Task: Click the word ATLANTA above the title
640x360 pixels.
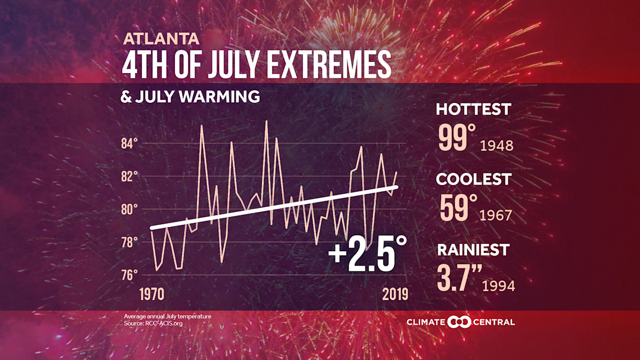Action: point(161,39)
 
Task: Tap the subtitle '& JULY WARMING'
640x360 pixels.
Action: point(191,97)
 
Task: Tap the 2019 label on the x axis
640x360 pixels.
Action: point(394,294)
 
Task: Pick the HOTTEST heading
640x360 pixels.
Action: point(473,109)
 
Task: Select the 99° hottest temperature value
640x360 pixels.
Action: point(457,138)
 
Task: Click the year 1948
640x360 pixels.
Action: point(497,146)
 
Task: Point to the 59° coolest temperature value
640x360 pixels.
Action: point(455,207)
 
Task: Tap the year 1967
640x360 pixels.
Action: point(495,215)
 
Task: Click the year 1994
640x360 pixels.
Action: point(498,286)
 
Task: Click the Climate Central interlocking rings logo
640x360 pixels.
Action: point(459,322)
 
